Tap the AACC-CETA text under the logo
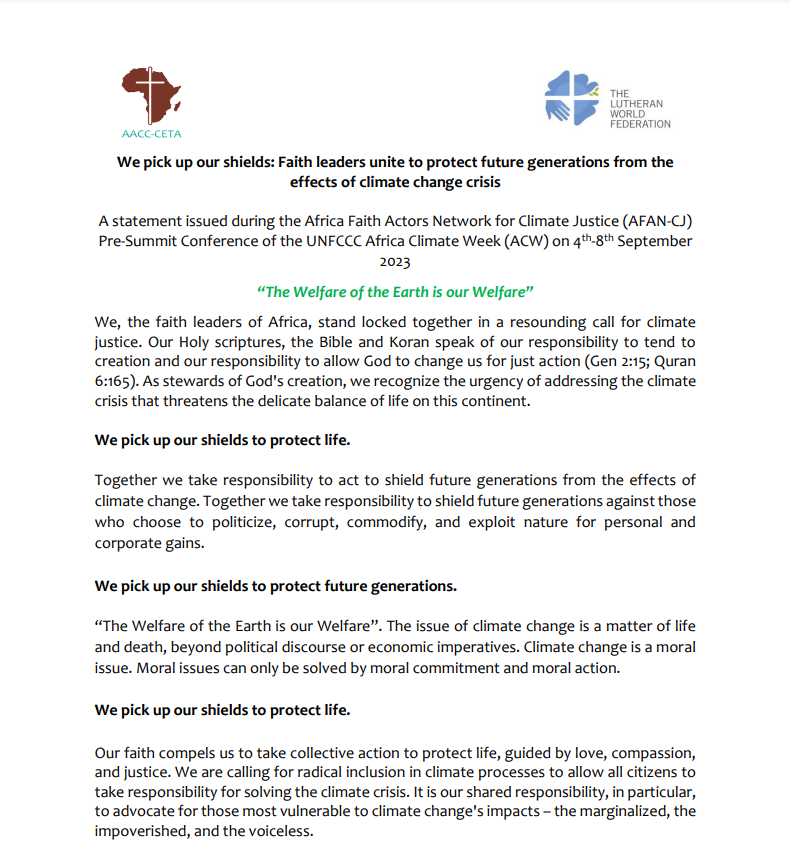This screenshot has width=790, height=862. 151,133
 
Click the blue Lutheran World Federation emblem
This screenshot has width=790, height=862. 572,98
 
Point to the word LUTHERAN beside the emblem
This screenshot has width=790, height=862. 637,104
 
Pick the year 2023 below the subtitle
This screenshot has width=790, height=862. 395,264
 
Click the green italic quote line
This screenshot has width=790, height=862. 394,292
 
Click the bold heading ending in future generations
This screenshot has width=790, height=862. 276,584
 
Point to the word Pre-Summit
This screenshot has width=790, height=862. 136,242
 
